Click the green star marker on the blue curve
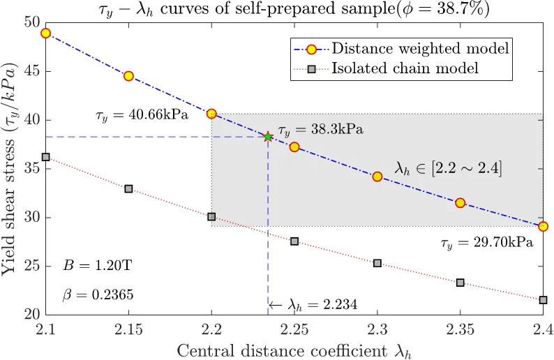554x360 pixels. [x=268, y=137]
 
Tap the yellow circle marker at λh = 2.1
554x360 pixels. [x=46, y=33]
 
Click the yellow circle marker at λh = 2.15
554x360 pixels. [x=128, y=76]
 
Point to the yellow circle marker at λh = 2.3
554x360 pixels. [x=377, y=177]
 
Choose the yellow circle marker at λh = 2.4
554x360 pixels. [x=543, y=226]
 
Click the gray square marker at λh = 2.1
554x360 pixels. [x=46, y=157]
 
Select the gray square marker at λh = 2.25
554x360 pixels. [x=294, y=241]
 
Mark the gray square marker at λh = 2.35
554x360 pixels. [x=460, y=283]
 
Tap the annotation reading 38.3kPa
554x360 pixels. [x=320, y=130]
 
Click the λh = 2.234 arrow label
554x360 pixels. [x=304, y=305]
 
